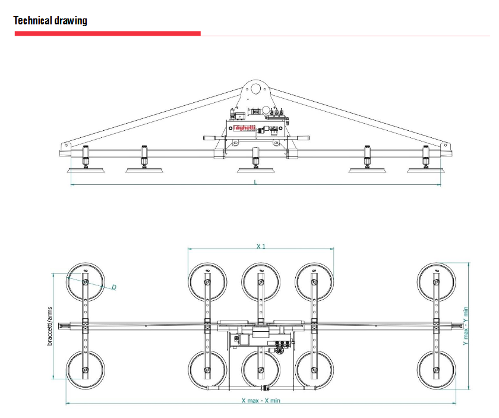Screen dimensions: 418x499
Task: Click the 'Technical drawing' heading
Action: pyautogui.click(x=50, y=21)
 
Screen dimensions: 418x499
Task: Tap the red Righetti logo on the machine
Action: pyautogui.click(x=244, y=127)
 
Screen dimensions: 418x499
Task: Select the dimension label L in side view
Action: pyautogui.click(x=255, y=182)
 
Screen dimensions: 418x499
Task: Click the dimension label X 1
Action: pyautogui.click(x=261, y=246)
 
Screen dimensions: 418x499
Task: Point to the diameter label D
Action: pyautogui.click(x=114, y=288)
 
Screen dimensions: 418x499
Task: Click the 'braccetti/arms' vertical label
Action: pyautogui.click(x=50, y=326)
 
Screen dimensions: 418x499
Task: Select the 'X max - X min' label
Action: pyautogui.click(x=261, y=400)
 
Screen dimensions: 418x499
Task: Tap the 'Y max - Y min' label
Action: pyautogui.click(x=466, y=326)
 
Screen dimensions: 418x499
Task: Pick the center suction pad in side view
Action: pyautogui.click(x=256, y=171)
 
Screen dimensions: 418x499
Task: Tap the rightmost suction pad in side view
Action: pyautogui.click(x=425, y=171)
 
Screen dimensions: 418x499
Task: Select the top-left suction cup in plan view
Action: pyautogui.click(x=86, y=281)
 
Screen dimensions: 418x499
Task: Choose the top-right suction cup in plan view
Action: pyautogui.click(x=437, y=281)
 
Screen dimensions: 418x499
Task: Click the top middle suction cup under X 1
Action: pyautogui.click(x=261, y=281)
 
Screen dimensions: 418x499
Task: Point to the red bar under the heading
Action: pyautogui.click(x=108, y=33)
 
